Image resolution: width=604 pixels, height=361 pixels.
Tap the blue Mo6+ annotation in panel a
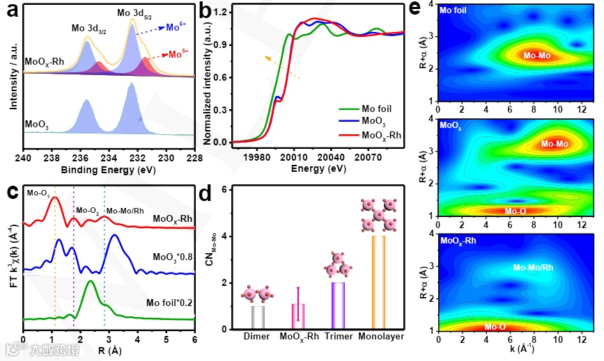175,27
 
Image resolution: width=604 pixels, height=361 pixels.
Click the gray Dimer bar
258,317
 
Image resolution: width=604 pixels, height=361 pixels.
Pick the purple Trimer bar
339,305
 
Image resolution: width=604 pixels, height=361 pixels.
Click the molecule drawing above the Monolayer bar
379,215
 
